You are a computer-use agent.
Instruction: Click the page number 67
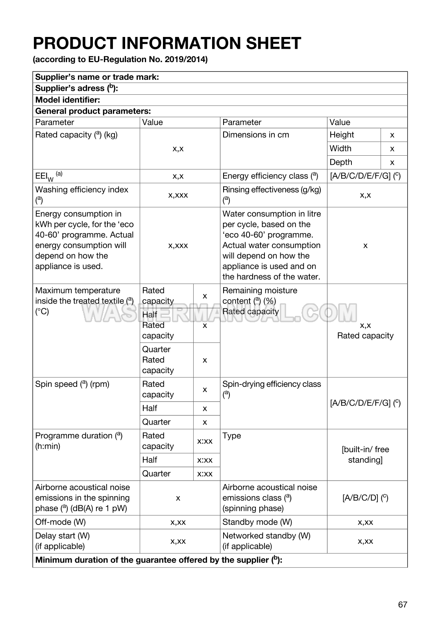click(402, 604)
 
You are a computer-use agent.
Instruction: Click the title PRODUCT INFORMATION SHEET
click(167, 43)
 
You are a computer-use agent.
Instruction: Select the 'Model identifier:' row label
click(68, 100)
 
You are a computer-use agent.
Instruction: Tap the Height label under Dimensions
click(342, 135)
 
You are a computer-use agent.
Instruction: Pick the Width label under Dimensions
click(340, 149)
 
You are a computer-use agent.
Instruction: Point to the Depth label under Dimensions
click(341, 162)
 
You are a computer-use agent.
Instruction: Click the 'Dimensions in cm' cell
click(255, 135)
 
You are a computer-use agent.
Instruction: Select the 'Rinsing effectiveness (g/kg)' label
click(272, 190)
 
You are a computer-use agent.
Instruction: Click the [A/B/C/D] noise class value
click(365, 498)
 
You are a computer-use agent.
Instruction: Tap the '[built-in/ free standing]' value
click(365, 455)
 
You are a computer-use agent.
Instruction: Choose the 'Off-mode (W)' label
click(60, 522)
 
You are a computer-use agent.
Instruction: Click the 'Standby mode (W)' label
click(257, 522)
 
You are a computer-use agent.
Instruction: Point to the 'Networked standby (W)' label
click(266, 536)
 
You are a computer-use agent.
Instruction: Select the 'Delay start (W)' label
click(62, 536)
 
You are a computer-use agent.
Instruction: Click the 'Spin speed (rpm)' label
click(72, 384)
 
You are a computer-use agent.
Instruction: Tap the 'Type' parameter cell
click(231, 436)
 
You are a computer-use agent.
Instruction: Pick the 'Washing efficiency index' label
click(81, 190)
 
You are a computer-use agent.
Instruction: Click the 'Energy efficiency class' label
click(270, 176)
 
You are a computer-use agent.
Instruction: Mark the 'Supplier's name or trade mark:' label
click(97, 77)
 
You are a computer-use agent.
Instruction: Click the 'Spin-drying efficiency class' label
click(272, 384)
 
